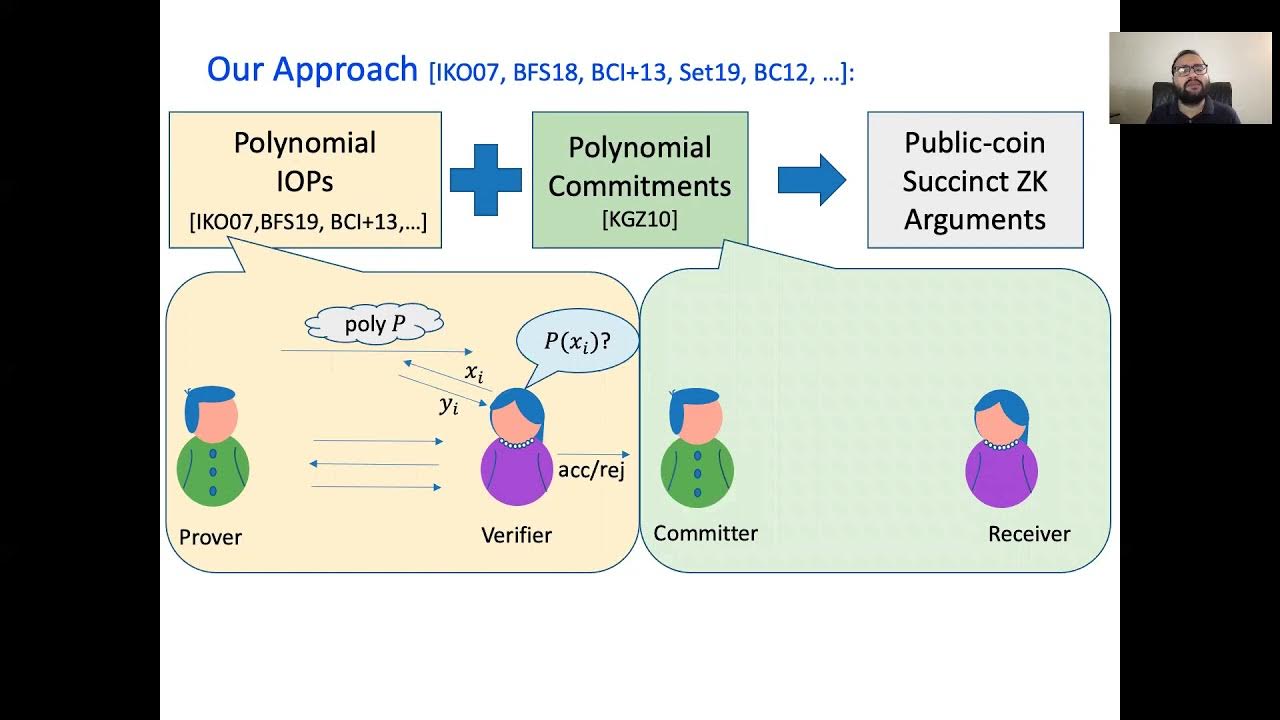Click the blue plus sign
point(486,180)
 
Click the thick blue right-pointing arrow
point(811,180)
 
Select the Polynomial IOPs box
point(305,180)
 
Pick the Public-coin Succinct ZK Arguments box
point(975,180)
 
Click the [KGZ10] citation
point(640,219)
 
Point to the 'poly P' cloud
point(374,324)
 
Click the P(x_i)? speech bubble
point(577,342)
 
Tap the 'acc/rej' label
point(591,470)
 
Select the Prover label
point(210,537)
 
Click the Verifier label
point(516,535)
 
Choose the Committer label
point(705,533)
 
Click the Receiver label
point(1029,534)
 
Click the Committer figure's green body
point(697,471)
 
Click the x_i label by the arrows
point(474,373)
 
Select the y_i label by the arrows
point(449,405)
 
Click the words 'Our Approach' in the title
point(312,69)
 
